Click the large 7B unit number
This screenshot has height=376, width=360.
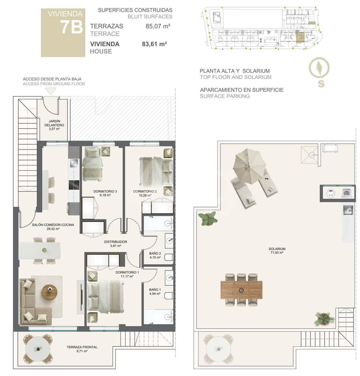72,27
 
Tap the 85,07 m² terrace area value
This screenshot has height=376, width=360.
158,26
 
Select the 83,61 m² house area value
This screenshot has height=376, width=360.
154,44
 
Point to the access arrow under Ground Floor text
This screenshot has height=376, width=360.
50,91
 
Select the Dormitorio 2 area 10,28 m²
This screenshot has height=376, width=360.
145,195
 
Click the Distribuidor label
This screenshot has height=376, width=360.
116,242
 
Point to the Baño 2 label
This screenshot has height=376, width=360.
155,253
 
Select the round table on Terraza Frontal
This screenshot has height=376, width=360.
38,349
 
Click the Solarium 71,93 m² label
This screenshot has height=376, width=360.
277,251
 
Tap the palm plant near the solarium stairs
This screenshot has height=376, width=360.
324,319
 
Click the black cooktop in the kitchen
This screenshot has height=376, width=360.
74,185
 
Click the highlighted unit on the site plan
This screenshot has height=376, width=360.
300,37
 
